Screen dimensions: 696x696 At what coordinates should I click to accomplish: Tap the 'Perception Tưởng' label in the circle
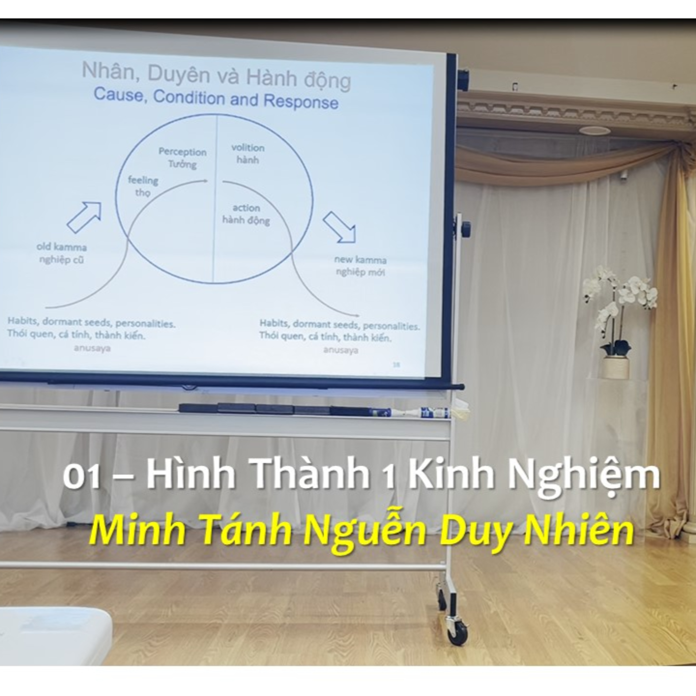(x=183, y=158)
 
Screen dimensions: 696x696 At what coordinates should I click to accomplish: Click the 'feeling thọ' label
(x=143, y=186)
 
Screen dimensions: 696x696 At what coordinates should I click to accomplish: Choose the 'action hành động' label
(x=246, y=214)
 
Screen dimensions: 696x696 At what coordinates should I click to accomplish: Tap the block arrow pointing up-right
(x=84, y=217)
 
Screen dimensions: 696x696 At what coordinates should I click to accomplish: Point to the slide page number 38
(x=396, y=364)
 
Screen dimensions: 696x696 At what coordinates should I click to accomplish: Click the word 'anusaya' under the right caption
(x=340, y=350)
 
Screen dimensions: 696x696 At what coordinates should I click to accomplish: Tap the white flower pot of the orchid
(x=616, y=367)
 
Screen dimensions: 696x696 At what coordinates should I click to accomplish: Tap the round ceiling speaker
(x=595, y=130)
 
